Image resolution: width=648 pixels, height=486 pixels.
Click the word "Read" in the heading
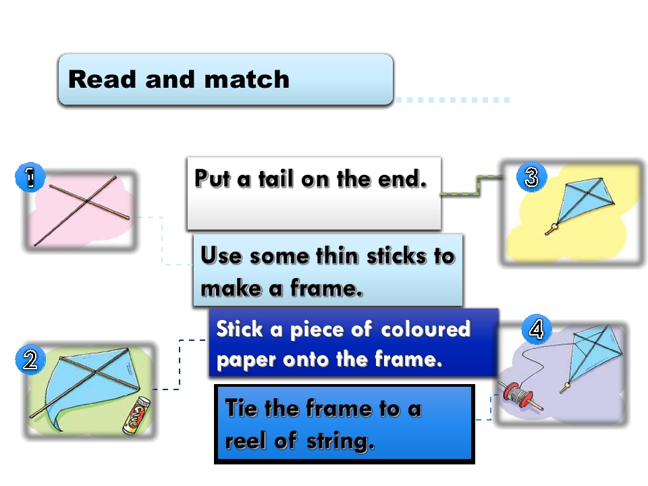(102, 79)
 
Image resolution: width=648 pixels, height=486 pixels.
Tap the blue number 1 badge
(30, 177)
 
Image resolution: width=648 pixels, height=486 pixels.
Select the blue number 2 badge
(30, 360)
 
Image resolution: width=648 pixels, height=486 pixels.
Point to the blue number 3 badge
(531, 176)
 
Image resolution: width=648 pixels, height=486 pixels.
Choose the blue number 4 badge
(537, 329)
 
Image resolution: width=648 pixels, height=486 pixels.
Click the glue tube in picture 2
(137, 415)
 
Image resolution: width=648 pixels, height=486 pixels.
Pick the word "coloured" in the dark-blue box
(425, 329)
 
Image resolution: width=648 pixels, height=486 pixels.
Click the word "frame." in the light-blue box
(327, 288)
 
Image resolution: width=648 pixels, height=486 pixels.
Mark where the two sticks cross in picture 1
(87, 201)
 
